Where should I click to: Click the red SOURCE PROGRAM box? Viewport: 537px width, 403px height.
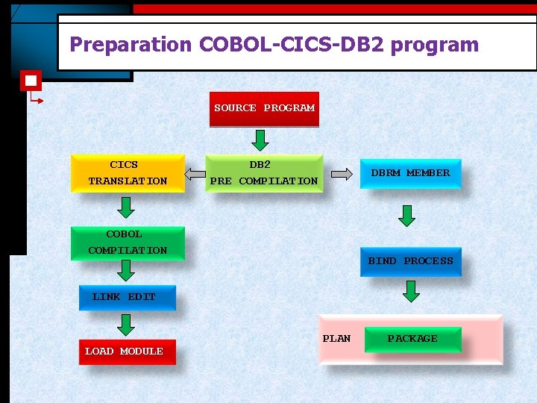tap(264, 108)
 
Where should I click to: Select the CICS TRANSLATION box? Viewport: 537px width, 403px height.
tap(128, 173)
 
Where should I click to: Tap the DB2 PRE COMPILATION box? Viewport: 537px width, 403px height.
tap(264, 173)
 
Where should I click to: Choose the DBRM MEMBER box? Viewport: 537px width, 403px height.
tap(410, 173)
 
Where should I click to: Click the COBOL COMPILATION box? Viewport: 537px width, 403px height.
tap(128, 243)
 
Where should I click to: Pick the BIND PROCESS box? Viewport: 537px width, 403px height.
tap(410, 261)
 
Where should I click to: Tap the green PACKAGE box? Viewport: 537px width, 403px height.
tap(412, 339)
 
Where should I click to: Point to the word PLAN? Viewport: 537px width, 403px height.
tap(336, 339)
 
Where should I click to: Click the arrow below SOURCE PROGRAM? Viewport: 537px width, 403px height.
tap(260, 140)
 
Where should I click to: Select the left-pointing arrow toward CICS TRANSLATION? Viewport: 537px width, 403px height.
tap(195, 175)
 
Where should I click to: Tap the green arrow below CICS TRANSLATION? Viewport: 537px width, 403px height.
tap(126, 208)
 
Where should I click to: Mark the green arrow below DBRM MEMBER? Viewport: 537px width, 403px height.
tap(406, 216)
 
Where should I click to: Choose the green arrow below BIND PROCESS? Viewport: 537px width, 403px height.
tap(411, 291)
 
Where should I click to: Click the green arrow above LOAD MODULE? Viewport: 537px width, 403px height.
tap(126, 325)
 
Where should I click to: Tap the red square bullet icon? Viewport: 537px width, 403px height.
tap(31, 81)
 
